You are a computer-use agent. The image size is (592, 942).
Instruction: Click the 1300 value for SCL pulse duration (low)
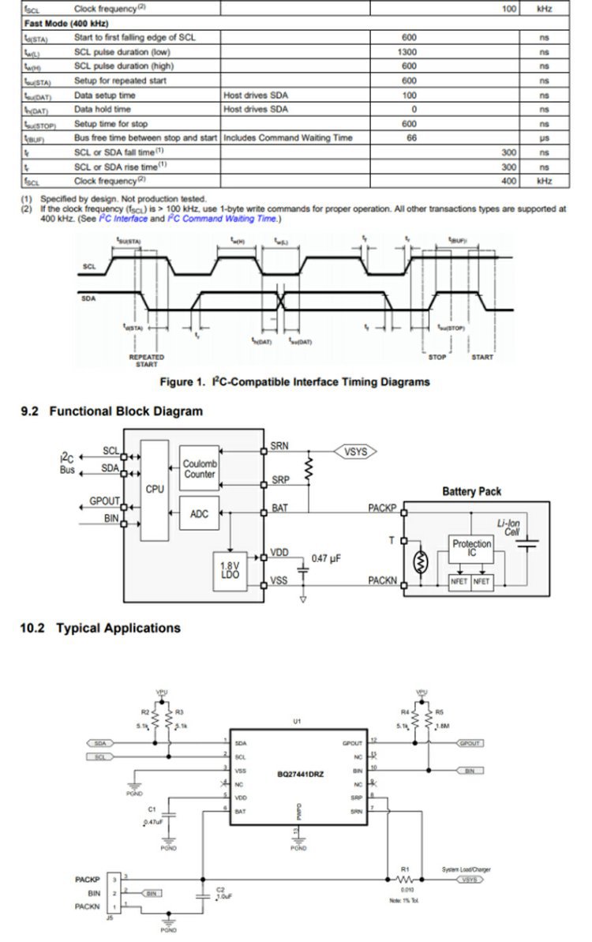pos(408,52)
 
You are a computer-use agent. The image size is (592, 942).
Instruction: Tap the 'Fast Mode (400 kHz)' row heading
pos(60,24)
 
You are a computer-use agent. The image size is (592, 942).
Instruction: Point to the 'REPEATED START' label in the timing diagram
pos(146,361)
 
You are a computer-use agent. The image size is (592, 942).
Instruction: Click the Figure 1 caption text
pos(295,382)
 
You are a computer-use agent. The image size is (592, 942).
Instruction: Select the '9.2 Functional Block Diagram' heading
pos(111,411)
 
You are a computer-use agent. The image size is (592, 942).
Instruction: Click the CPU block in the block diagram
pos(155,489)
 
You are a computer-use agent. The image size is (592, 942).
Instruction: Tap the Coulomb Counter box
pos(200,469)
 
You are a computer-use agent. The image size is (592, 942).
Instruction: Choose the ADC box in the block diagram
pos(200,514)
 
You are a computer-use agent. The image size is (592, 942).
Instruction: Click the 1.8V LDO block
pos(230,570)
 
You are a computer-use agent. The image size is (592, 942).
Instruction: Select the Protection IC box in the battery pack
pos(471,549)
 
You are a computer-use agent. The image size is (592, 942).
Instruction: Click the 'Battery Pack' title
pos(471,492)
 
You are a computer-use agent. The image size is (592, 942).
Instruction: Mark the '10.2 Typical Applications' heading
pos(100,629)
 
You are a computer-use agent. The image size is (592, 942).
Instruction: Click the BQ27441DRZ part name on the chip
pos(300,774)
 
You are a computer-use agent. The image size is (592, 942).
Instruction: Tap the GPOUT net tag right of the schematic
pos(470,743)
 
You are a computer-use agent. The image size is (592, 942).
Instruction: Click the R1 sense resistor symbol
pos(406,879)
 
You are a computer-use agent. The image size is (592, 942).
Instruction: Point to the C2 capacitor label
pos(221,889)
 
